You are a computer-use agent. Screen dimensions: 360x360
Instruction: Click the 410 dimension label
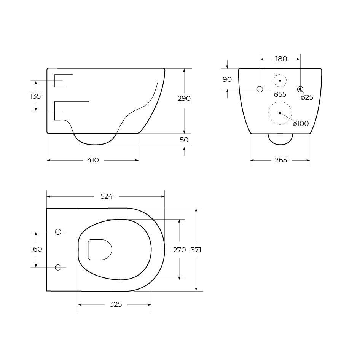(93, 160)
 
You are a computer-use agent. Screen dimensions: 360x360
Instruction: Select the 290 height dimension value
(184, 99)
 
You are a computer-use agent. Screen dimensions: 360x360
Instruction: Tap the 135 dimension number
(35, 96)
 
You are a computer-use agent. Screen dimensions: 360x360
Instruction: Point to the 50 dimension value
(184, 140)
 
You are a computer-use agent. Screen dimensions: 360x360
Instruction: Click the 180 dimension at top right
(281, 59)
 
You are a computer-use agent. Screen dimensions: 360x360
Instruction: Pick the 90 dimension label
(227, 80)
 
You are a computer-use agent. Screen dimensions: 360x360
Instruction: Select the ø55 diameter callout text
(280, 94)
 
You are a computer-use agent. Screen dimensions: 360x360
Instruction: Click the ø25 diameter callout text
(307, 97)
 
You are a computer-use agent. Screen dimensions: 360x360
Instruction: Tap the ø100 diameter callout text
(301, 124)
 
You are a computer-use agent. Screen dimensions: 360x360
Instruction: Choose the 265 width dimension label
(280, 160)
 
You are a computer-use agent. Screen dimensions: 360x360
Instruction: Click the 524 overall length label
(107, 196)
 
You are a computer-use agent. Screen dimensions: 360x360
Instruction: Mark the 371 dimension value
(196, 250)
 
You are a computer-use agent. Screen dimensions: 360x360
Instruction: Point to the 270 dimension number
(179, 250)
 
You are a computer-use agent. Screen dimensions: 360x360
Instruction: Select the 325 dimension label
(116, 304)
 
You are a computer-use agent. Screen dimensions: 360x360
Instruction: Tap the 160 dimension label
(36, 249)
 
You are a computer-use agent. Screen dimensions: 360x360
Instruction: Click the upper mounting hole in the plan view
(58, 232)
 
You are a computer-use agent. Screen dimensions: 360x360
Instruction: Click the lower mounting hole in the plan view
(58, 268)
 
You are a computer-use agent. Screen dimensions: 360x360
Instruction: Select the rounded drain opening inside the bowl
(100, 250)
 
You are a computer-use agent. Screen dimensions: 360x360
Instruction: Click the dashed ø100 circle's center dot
(280, 113)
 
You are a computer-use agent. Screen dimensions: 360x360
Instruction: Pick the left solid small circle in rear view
(260, 89)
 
